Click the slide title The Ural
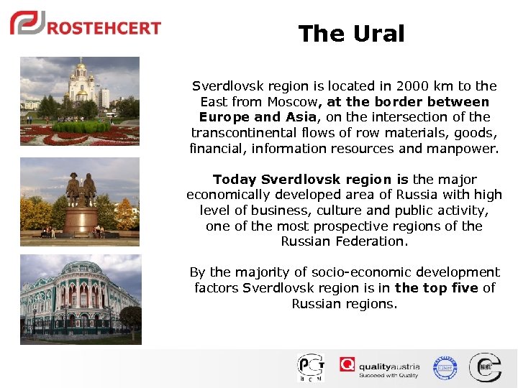(351, 34)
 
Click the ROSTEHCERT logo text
(104, 28)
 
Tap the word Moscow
(293, 102)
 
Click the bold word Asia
(299, 117)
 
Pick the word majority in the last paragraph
(250, 272)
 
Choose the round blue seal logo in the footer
(445, 367)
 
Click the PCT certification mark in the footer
(311, 367)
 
